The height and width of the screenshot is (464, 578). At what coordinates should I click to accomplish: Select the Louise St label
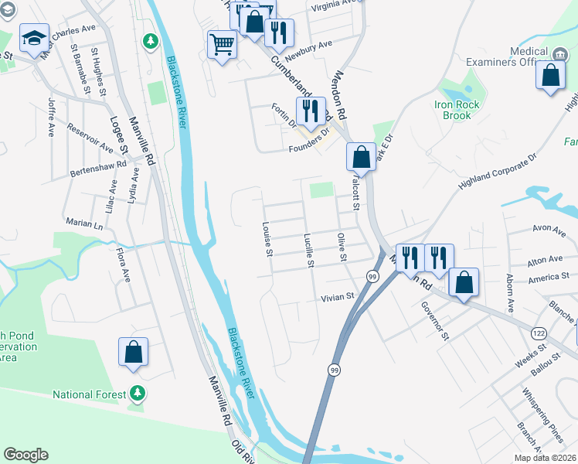tap(266, 241)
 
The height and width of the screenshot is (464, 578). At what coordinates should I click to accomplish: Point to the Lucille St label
tap(308, 251)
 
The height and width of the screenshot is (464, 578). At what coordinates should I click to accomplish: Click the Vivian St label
tap(337, 296)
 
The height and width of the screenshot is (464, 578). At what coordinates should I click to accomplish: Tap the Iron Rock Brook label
tap(457, 110)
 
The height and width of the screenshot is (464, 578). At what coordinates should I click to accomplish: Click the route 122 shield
tap(539, 332)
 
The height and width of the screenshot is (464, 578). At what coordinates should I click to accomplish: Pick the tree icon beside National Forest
tap(138, 394)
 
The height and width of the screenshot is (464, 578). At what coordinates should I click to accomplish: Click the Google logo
tap(25, 455)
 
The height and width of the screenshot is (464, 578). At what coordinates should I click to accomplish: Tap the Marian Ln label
tap(84, 223)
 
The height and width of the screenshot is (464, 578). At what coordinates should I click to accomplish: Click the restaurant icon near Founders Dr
tap(311, 110)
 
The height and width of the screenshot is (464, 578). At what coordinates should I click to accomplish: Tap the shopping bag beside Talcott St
tap(361, 156)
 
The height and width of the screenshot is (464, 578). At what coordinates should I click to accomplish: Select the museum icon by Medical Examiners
tap(560, 53)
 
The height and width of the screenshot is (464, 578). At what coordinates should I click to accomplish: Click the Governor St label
tap(435, 320)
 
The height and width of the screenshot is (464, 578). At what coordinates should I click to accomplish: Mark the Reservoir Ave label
tap(90, 137)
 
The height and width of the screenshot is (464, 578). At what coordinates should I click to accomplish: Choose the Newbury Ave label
tap(308, 50)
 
